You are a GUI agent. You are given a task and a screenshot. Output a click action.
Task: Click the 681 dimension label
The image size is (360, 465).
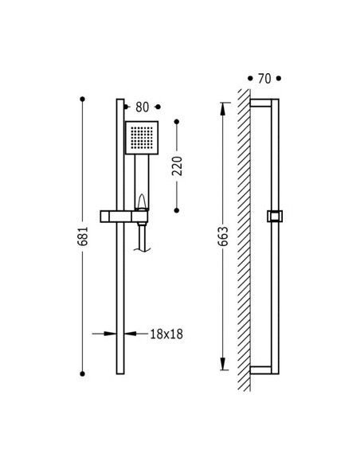point(83,236)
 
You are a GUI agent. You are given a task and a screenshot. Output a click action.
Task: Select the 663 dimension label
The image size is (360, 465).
point(223,236)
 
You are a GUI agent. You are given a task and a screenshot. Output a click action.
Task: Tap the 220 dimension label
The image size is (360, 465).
point(177,166)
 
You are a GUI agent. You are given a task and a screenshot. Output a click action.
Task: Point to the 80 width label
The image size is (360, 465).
point(142,107)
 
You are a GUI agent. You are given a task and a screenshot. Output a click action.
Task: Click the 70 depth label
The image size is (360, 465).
point(264,79)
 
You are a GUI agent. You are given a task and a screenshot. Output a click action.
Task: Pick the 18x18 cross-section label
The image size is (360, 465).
point(166,334)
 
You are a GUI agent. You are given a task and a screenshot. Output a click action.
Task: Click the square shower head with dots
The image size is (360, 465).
point(142,138)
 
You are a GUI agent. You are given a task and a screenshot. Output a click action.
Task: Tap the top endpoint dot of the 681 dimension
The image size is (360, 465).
point(83,99)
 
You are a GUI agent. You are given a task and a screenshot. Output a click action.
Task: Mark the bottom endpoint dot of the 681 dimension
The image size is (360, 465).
point(83,374)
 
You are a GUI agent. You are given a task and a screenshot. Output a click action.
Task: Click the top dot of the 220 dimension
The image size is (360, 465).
point(177,122)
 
